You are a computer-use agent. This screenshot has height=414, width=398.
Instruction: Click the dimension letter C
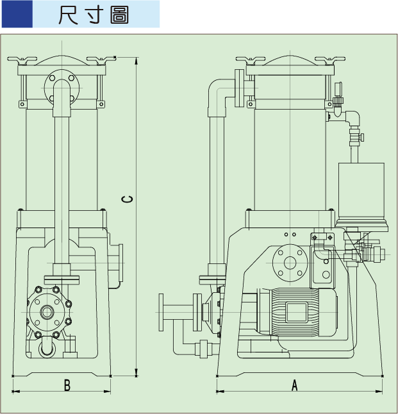click(x=128, y=199)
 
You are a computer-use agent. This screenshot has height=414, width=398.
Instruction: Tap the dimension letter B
click(x=67, y=385)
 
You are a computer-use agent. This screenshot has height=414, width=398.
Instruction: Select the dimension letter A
click(x=295, y=385)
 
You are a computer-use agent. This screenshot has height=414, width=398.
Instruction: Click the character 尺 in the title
click(x=68, y=15)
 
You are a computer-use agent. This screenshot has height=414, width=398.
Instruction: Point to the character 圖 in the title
click(x=119, y=15)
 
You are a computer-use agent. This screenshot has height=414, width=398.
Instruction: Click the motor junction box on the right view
click(x=296, y=312)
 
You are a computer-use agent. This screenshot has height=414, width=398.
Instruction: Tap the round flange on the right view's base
click(x=290, y=262)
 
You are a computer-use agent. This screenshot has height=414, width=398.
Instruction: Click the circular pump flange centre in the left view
click(x=48, y=312)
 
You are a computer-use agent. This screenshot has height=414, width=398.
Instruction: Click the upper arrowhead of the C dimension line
click(x=137, y=60)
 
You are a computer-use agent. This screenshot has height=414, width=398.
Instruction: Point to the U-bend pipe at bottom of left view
click(x=48, y=349)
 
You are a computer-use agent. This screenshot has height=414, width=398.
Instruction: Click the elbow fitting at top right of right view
click(x=352, y=117)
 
